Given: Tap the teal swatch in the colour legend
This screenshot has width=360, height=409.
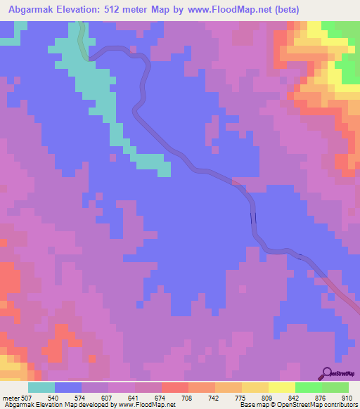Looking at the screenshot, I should coord(41,387).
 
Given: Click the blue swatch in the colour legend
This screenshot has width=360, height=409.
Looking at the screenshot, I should coord(68,387).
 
